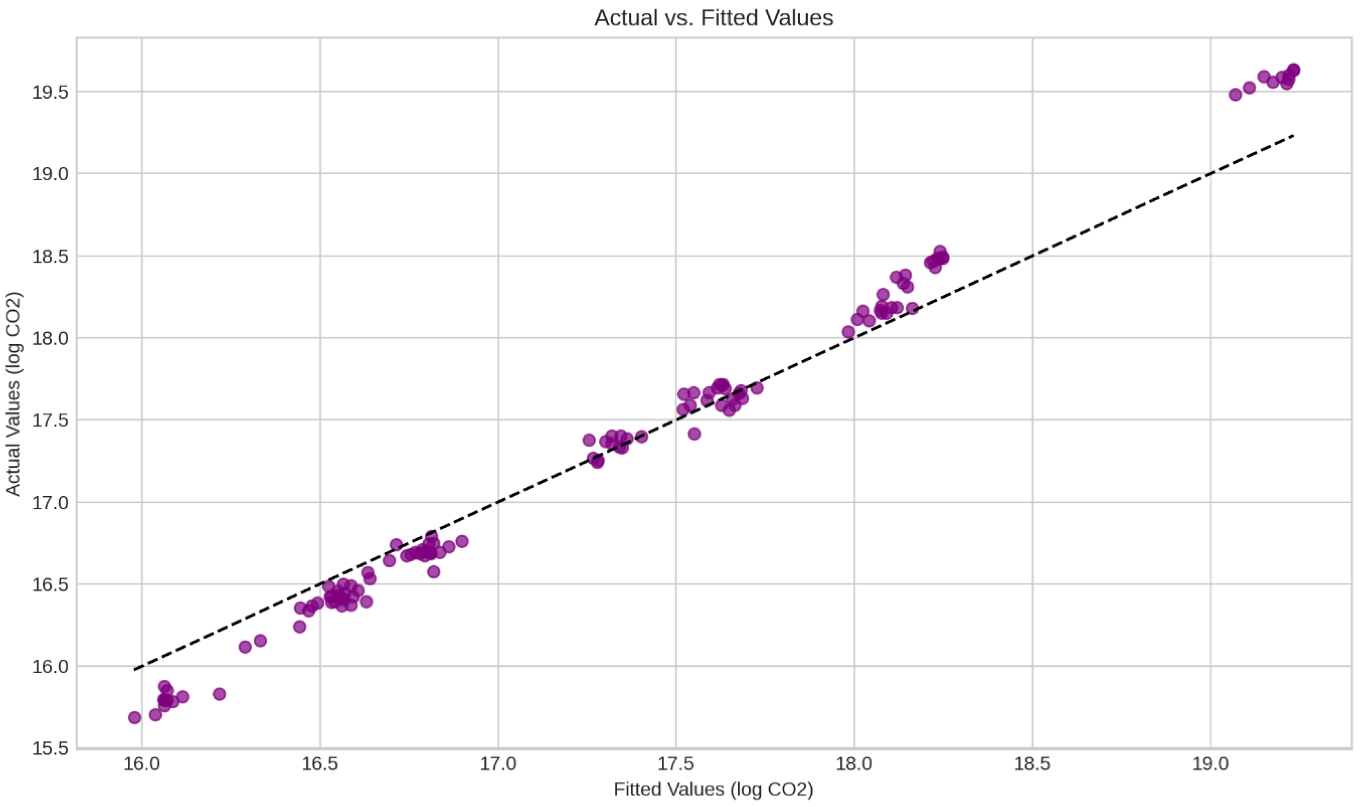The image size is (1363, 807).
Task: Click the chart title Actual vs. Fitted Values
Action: (713, 18)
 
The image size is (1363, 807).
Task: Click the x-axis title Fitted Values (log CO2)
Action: (713, 789)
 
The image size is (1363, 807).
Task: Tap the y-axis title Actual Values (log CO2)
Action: (13, 394)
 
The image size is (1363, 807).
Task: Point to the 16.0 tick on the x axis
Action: (142, 764)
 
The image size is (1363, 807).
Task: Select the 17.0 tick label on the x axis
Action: (498, 764)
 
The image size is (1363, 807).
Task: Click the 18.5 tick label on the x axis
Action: (1032, 764)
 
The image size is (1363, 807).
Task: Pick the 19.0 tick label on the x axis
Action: (1210, 764)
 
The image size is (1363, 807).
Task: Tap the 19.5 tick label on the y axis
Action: (50, 92)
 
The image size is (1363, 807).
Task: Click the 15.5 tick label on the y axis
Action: (50, 748)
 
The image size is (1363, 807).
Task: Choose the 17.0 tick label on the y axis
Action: (50, 502)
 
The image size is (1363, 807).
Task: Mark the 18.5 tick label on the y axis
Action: (50, 256)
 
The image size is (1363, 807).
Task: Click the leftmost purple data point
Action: (135, 717)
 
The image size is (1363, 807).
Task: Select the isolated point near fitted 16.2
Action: (219, 694)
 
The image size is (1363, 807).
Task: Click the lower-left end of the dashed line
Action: (135, 670)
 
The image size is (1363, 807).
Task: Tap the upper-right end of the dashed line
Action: (1293, 135)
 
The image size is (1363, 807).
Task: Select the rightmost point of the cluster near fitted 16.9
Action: (462, 541)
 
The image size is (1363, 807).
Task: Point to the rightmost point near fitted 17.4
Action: (641, 436)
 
